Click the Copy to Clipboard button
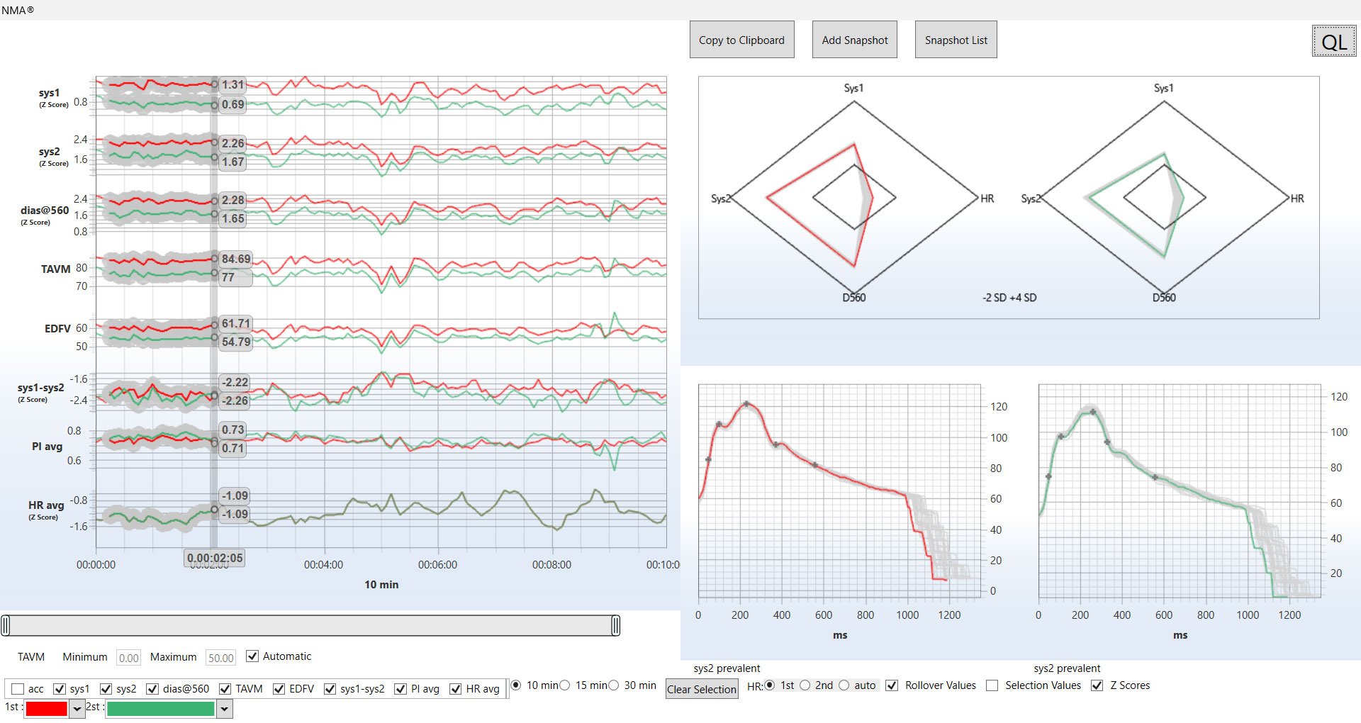click(x=741, y=40)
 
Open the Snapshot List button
click(x=956, y=40)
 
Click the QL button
click(x=1333, y=42)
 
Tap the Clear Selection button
click(x=701, y=689)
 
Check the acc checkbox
click(x=18, y=689)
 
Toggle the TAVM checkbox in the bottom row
click(x=225, y=689)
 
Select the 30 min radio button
click(x=614, y=685)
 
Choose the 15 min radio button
click(x=565, y=685)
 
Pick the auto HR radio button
click(x=844, y=685)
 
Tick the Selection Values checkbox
click(x=992, y=685)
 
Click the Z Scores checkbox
click(x=1097, y=685)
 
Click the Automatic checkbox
click(x=252, y=656)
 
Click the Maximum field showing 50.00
click(x=220, y=658)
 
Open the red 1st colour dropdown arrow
click(x=77, y=708)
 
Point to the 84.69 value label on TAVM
click(x=235, y=259)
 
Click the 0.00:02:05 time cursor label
click(x=215, y=558)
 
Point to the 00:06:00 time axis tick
click(x=437, y=565)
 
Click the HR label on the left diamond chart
click(x=987, y=198)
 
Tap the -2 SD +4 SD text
click(x=1009, y=298)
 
